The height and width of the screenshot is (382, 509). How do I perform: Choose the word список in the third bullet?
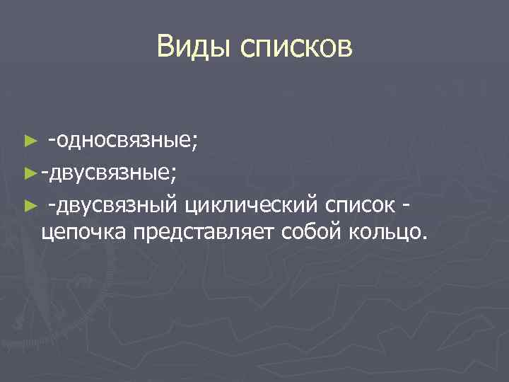[x=361, y=206]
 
